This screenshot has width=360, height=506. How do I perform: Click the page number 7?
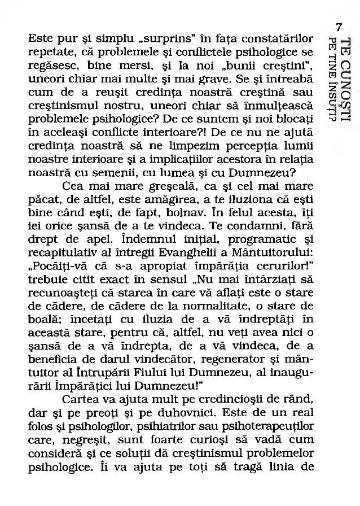[x=339, y=27]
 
